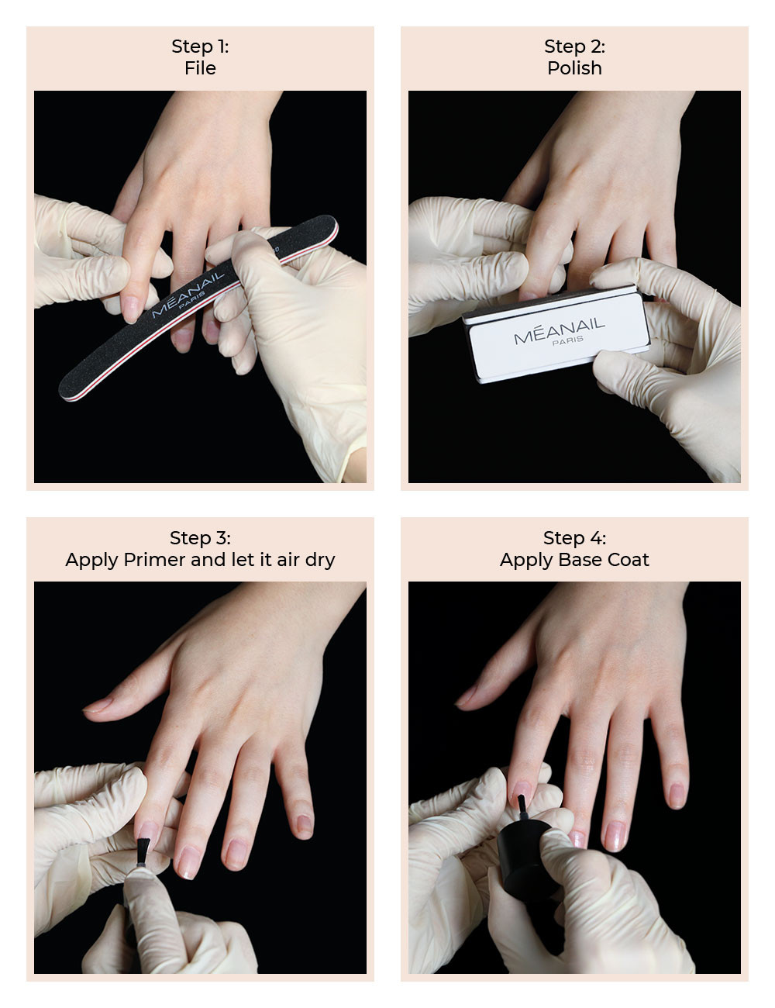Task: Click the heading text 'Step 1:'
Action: (x=200, y=47)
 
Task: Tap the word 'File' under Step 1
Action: (x=200, y=68)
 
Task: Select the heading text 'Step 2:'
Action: (x=574, y=47)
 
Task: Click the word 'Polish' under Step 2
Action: (x=574, y=68)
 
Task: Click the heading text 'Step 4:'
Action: (x=574, y=538)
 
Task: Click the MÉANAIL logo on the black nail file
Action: (x=188, y=295)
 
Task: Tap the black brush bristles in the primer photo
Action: (x=143, y=851)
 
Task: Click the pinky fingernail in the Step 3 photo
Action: (x=304, y=823)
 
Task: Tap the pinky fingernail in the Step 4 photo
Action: (x=677, y=795)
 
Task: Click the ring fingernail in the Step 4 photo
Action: (x=615, y=835)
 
